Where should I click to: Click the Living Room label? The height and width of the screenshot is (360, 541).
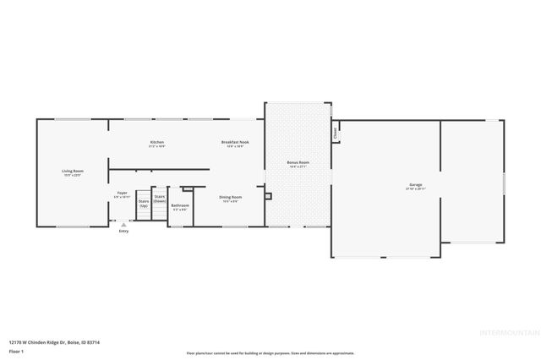[x=72, y=171]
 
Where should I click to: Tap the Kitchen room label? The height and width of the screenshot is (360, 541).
[x=157, y=142]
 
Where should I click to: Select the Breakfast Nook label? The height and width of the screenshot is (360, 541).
[x=235, y=142]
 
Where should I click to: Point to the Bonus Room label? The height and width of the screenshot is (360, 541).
[x=298, y=161]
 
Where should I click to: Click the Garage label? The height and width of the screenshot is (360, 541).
[x=415, y=184]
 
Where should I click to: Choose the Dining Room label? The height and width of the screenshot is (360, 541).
[x=231, y=197]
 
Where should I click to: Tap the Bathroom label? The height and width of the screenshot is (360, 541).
[x=180, y=205]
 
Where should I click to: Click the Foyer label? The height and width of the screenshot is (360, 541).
[x=122, y=193]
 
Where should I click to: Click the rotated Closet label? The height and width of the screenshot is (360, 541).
[x=336, y=133]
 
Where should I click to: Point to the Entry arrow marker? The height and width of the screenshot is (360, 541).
[x=123, y=224]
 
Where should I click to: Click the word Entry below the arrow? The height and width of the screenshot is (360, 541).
[x=123, y=231]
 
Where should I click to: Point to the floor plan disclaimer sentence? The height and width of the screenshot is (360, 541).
[x=270, y=353]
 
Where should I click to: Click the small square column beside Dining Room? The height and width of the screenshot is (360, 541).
[x=268, y=196]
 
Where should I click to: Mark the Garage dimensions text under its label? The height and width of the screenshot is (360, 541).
[x=415, y=188]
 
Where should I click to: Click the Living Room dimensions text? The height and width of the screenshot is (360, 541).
[x=72, y=175]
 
